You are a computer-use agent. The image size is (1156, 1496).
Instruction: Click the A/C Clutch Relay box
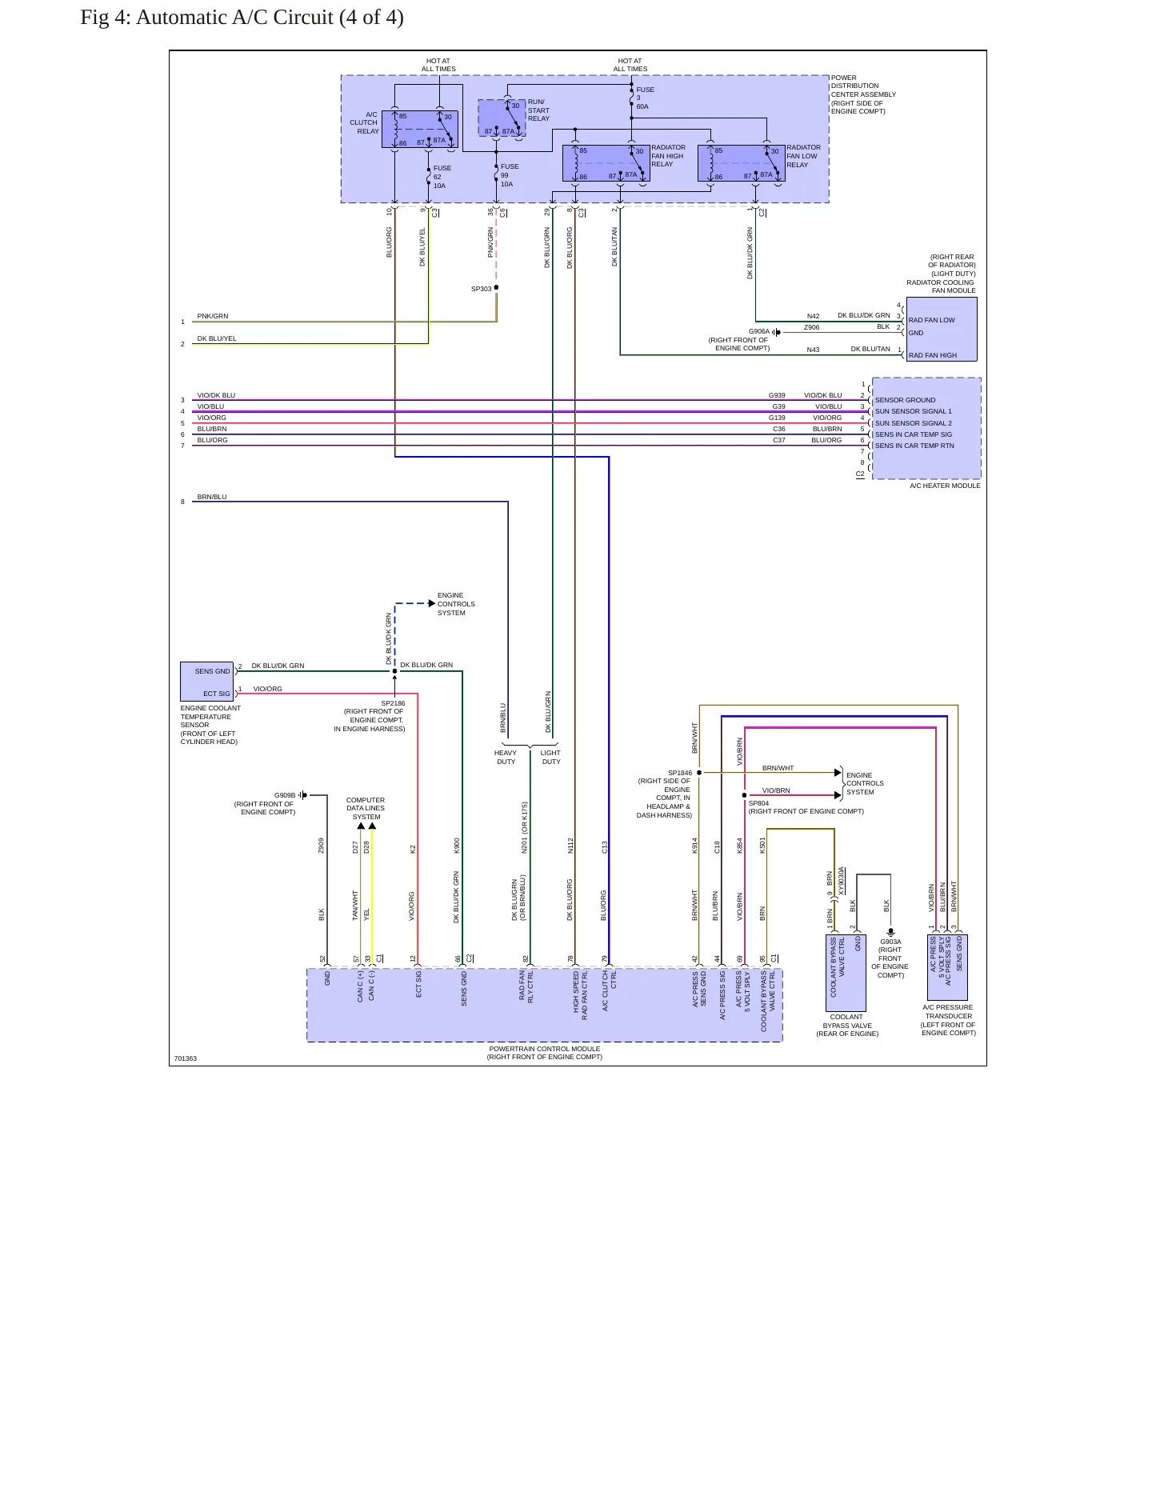tap(420, 130)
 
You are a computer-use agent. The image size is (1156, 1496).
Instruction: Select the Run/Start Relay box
tap(502, 118)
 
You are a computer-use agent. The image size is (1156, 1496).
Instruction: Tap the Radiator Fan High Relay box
tap(606, 163)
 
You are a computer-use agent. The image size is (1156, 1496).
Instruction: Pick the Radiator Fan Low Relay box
tap(741, 163)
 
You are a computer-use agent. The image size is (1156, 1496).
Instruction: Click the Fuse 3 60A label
tap(645, 98)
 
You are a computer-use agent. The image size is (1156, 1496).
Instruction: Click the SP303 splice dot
tap(496, 288)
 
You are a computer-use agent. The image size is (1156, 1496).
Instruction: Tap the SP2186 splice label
tap(393, 704)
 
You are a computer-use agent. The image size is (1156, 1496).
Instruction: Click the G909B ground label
tap(285, 795)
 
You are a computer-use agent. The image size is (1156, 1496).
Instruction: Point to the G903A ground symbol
tap(890, 932)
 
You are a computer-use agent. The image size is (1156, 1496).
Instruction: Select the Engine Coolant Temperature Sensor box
tap(206, 682)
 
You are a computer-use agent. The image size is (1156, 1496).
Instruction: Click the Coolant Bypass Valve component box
tap(846, 973)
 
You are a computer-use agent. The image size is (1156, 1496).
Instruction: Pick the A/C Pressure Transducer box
tap(947, 966)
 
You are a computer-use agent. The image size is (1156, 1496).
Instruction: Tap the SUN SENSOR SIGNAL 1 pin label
tap(914, 411)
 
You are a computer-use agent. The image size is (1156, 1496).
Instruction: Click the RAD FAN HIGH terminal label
tap(933, 355)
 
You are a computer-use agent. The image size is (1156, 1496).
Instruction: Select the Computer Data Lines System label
tap(366, 808)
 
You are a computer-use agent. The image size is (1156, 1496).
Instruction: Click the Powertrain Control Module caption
tap(545, 1053)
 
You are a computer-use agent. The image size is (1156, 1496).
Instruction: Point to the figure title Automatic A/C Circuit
tap(242, 18)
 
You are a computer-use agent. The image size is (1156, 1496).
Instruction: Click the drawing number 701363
tap(186, 1058)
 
